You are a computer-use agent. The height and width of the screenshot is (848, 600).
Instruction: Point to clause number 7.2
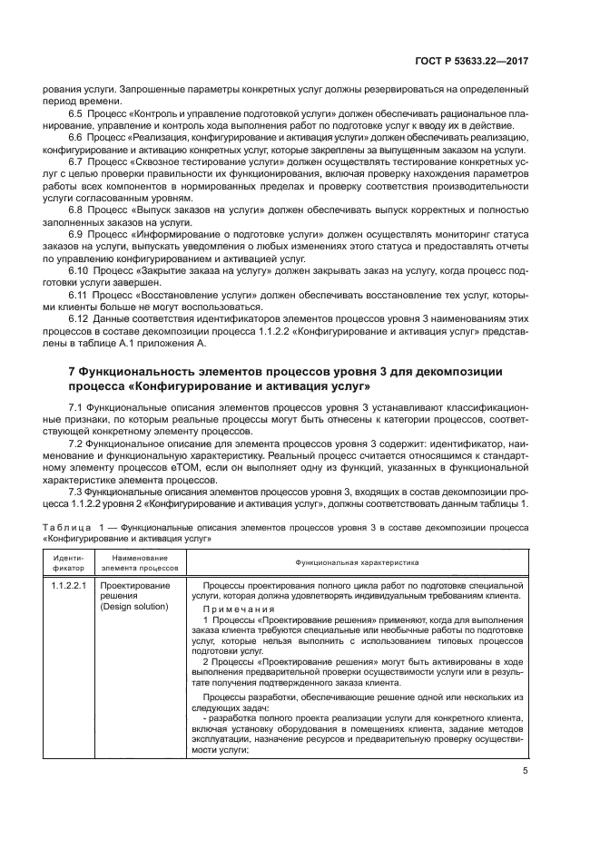point(76,445)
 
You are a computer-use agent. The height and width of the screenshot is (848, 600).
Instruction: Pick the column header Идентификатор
point(69,562)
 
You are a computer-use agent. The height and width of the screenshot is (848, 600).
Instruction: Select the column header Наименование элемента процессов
point(140,562)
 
